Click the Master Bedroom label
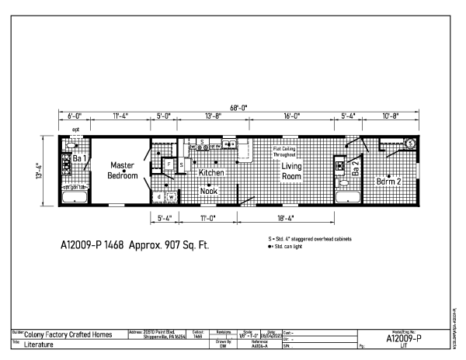point(123,170)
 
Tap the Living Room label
point(291,171)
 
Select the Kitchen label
point(210,173)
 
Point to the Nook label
point(209,190)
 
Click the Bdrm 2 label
point(389,181)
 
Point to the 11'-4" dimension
point(120,116)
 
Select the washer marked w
point(170,197)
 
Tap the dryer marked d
point(158,197)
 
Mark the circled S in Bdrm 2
point(409,144)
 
